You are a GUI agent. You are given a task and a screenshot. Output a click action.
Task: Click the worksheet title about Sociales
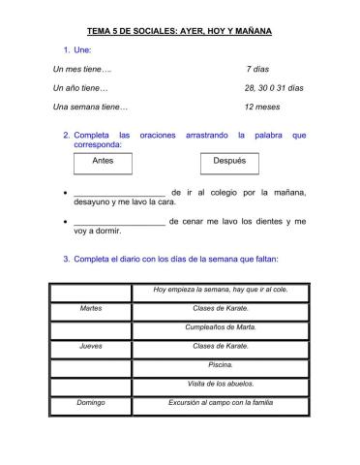(x=179, y=31)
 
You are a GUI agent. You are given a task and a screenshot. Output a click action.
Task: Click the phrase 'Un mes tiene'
(x=82, y=69)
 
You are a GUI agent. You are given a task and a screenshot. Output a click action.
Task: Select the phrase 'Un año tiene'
(x=80, y=88)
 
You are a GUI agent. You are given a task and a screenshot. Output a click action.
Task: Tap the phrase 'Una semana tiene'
(x=90, y=107)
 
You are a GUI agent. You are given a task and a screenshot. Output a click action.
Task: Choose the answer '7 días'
(x=258, y=69)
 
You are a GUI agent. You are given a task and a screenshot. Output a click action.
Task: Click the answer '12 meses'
(x=262, y=107)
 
